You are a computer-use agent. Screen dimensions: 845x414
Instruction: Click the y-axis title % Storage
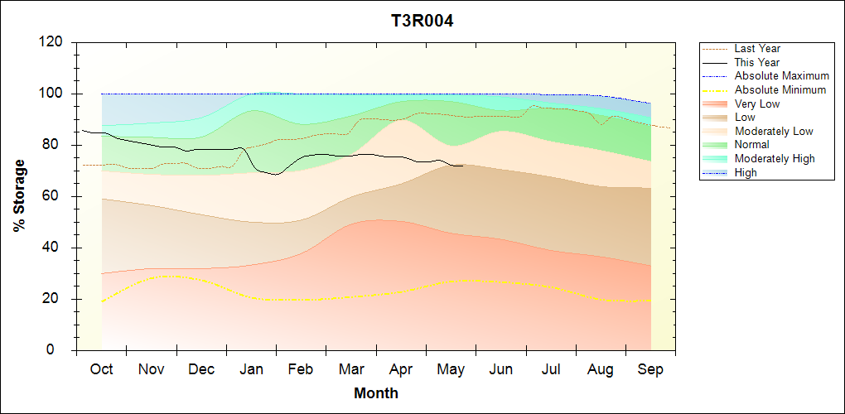pos(20,195)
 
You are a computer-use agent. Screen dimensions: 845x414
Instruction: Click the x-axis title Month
pos(375,393)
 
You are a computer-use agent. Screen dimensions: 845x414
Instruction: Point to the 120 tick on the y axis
pos(51,42)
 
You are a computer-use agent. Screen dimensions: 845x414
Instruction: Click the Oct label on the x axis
pos(101,369)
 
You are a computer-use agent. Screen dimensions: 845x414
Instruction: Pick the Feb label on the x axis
pos(301,369)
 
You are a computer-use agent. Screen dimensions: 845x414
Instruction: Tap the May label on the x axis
pos(451,370)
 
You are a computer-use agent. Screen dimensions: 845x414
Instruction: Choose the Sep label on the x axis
pos(650,370)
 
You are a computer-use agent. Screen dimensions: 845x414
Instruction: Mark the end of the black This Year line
pos(462,166)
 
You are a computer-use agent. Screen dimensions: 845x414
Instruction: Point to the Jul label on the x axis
pos(551,369)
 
